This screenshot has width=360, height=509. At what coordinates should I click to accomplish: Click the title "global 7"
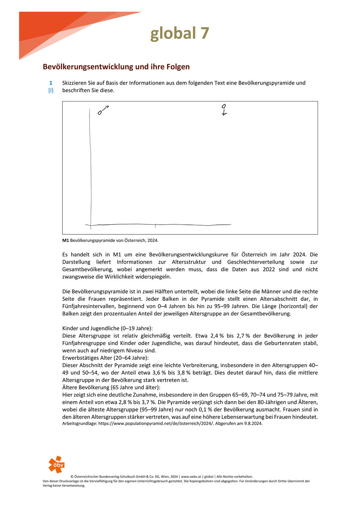180,33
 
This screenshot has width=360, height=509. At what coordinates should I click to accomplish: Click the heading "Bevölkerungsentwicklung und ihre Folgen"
116,67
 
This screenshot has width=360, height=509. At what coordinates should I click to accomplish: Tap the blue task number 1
51,83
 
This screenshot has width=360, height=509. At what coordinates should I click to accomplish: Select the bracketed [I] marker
51,91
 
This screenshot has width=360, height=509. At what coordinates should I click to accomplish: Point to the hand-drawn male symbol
103,110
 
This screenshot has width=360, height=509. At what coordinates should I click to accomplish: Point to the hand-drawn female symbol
224,110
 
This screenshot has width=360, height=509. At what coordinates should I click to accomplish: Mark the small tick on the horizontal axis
156,224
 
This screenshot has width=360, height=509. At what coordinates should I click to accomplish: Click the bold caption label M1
66,240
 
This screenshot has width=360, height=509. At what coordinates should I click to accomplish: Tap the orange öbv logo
56,464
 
